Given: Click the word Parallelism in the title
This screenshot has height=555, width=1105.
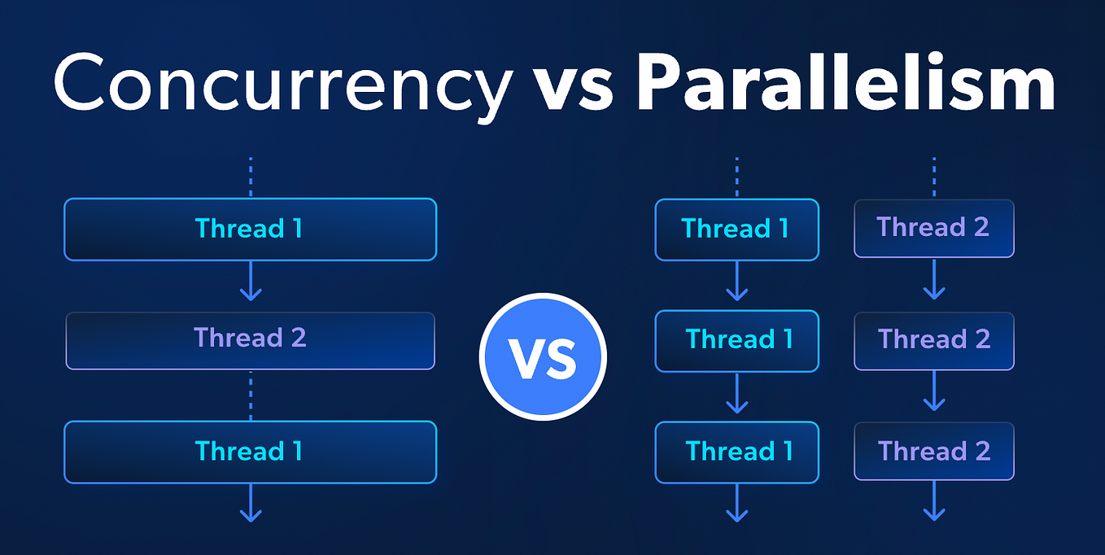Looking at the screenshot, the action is pyautogui.click(x=845, y=81).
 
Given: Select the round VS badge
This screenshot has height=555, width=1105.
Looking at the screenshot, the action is pyautogui.click(x=543, y=356).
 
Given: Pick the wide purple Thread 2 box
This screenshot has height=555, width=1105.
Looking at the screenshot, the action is pyautogui.click(x=250, y=341).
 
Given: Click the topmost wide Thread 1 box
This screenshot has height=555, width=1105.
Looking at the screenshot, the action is pyautogui.click(x=250, y=229).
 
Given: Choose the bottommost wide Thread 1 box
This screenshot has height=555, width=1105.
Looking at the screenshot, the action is pyautogui.click(x=250, y=452).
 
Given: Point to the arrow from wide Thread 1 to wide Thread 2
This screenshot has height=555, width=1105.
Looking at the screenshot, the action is pyautogui.click(x=251, y=281).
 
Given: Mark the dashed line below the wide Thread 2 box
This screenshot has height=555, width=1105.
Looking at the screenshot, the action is pyautogui.click(x=251, y=395).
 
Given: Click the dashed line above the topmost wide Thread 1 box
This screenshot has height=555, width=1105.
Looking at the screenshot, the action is pyautogui.click(x=251, y=177).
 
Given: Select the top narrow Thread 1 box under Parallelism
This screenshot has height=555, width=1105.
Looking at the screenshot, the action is pyautogui.click(x=737, y=229).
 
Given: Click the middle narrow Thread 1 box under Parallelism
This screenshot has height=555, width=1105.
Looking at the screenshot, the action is pyautogui.click(x=737, y=341).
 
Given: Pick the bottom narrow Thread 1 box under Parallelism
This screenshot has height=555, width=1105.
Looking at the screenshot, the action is pyautogui.click(x=737, y=452).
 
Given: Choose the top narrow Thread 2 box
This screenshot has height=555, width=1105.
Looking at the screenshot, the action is pyautogui.click(x=934, y=229).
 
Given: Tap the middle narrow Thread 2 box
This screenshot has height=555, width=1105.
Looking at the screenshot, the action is pyautogui.click(x=934, y=341).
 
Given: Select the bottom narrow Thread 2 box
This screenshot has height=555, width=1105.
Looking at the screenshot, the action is pyautogui.click(x=934, y=452).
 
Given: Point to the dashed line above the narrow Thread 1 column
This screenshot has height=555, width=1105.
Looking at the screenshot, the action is pyautogui.click(x=737, y=177).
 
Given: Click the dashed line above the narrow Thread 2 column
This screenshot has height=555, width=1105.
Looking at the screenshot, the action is pyautogui.click(x=934, y=177).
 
